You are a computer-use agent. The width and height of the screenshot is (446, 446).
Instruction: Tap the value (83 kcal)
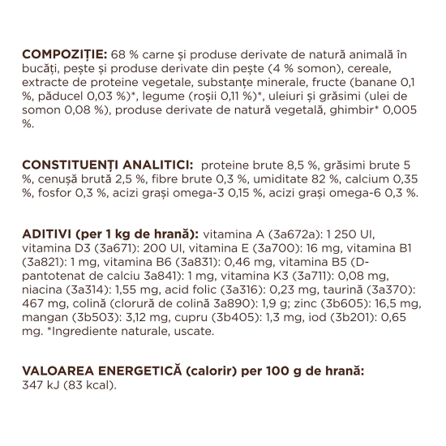click(89, 385)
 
